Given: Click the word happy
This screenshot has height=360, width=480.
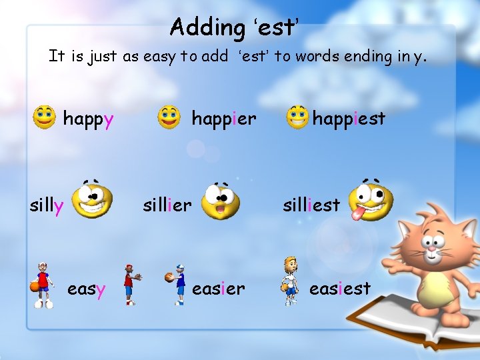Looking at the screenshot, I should [x=88, y=119].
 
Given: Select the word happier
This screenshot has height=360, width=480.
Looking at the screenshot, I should [x=223, y=119].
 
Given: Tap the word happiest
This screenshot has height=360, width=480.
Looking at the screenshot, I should [x=349, y=119].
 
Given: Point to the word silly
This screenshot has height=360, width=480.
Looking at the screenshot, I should [x=47, y=206].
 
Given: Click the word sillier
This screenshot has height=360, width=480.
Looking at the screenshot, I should [x=167, y=205].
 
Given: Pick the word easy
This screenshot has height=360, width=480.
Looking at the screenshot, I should [x=87, y=289].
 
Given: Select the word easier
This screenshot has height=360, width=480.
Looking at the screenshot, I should [x=218, y=289].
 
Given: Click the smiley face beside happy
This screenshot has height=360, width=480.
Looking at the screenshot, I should [x=44, y=117].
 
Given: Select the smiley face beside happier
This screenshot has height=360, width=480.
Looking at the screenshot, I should [x=169, y=117].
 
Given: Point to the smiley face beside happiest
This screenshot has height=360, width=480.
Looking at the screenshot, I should [x=297, y=118].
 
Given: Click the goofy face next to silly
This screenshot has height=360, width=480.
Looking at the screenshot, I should [x=92, y=201].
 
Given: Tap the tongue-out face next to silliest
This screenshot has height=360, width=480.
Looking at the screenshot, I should [x=371, y=200].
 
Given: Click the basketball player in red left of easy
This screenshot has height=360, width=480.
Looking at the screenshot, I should [x=43, y=285].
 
